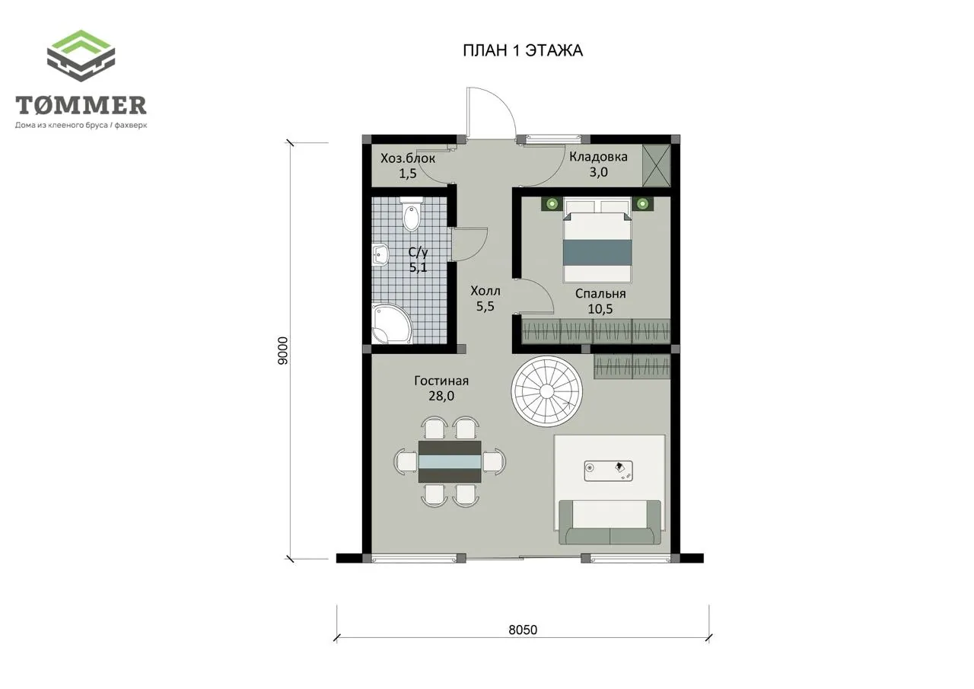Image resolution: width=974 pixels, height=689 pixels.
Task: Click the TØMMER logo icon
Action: pos(81,56)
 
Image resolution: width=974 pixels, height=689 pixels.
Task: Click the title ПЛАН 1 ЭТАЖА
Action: pos(523,51)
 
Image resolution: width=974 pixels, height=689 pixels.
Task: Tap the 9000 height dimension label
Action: pos(282,350)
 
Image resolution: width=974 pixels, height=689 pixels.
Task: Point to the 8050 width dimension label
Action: pos(523,630)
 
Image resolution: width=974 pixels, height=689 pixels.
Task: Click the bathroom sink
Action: pos(380,254)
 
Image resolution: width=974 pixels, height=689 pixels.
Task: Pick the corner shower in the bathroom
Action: pos(390,324)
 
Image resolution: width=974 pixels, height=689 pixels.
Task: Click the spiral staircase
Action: pos(546,392)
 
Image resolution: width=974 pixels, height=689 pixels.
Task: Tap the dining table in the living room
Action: pos(450,461)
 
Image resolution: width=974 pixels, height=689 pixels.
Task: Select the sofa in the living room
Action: pos(610,522)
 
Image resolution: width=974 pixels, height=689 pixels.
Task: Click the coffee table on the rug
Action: pos(608,470)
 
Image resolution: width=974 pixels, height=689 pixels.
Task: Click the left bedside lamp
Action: pos(552,203)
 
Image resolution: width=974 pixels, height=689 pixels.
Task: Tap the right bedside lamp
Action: pos(643,203)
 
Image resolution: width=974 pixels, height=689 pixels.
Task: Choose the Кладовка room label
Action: pos(598,157)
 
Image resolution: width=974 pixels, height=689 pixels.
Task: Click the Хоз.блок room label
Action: pos(408,158)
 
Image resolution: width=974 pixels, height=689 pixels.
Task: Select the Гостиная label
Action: pos(441,381)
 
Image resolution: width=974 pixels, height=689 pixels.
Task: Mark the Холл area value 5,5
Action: pos(485,307)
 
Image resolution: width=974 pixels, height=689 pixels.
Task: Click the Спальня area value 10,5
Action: pos(600,309)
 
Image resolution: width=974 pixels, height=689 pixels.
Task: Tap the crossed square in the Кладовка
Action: pos(657,166)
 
